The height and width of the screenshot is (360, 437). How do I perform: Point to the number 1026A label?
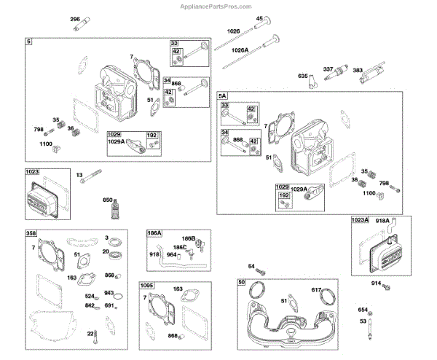coord(240,50)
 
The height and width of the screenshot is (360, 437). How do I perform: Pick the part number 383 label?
coord(359,70)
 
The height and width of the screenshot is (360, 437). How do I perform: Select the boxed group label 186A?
coord(155,233)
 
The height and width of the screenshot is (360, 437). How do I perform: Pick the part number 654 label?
coord(363,309)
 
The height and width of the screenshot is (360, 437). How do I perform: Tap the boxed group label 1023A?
coord(360,219)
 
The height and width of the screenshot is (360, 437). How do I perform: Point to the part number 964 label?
coord(171,255)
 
